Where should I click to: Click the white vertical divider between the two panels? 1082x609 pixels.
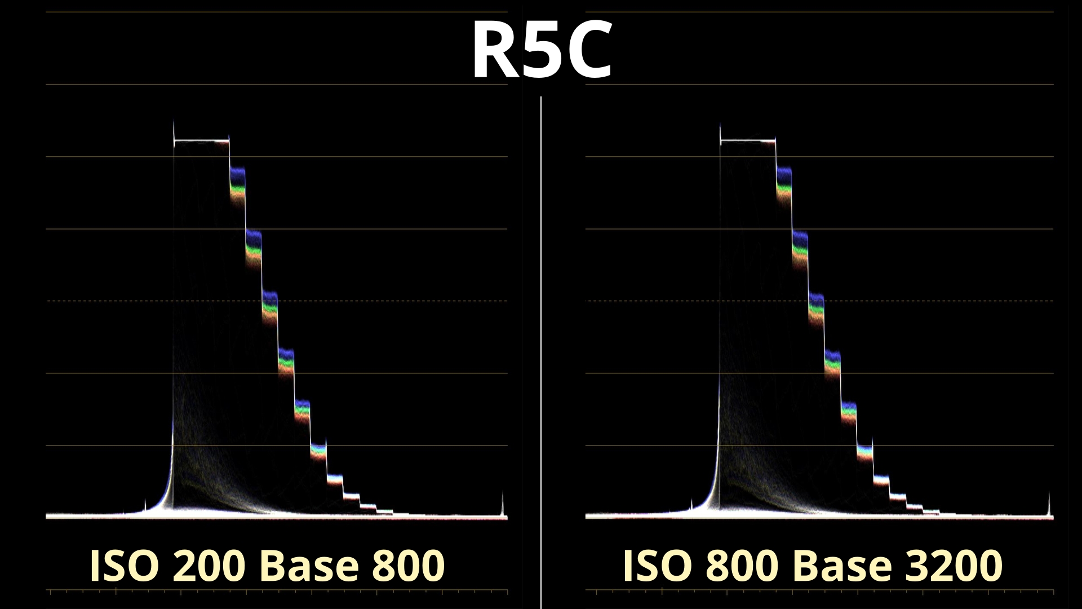click(541, 338)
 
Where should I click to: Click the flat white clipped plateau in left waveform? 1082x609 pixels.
click(201, 140)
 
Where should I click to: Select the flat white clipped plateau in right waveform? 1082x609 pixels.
click(748, 140)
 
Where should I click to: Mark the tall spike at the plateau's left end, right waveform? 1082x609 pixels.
click(720, 133)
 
